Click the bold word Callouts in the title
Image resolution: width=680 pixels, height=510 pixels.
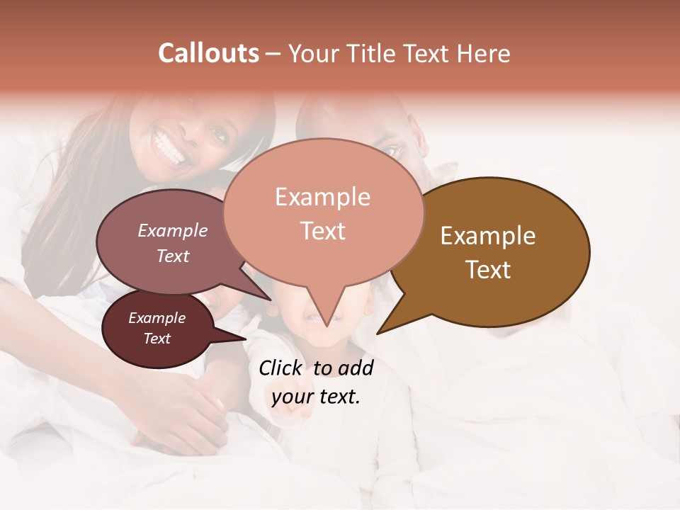point(208,53)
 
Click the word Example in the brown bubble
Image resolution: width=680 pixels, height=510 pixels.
point(488,236)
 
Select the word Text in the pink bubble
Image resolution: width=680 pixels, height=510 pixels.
point(323,231)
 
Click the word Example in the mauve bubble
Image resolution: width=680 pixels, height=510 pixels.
point(173,230)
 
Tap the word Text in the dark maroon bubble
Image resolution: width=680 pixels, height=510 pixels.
point(157,339)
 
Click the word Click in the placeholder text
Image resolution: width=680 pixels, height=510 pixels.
point(282,368)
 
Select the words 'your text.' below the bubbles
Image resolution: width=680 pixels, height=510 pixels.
point(316,397)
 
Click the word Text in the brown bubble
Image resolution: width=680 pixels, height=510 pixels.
point(488,270)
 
